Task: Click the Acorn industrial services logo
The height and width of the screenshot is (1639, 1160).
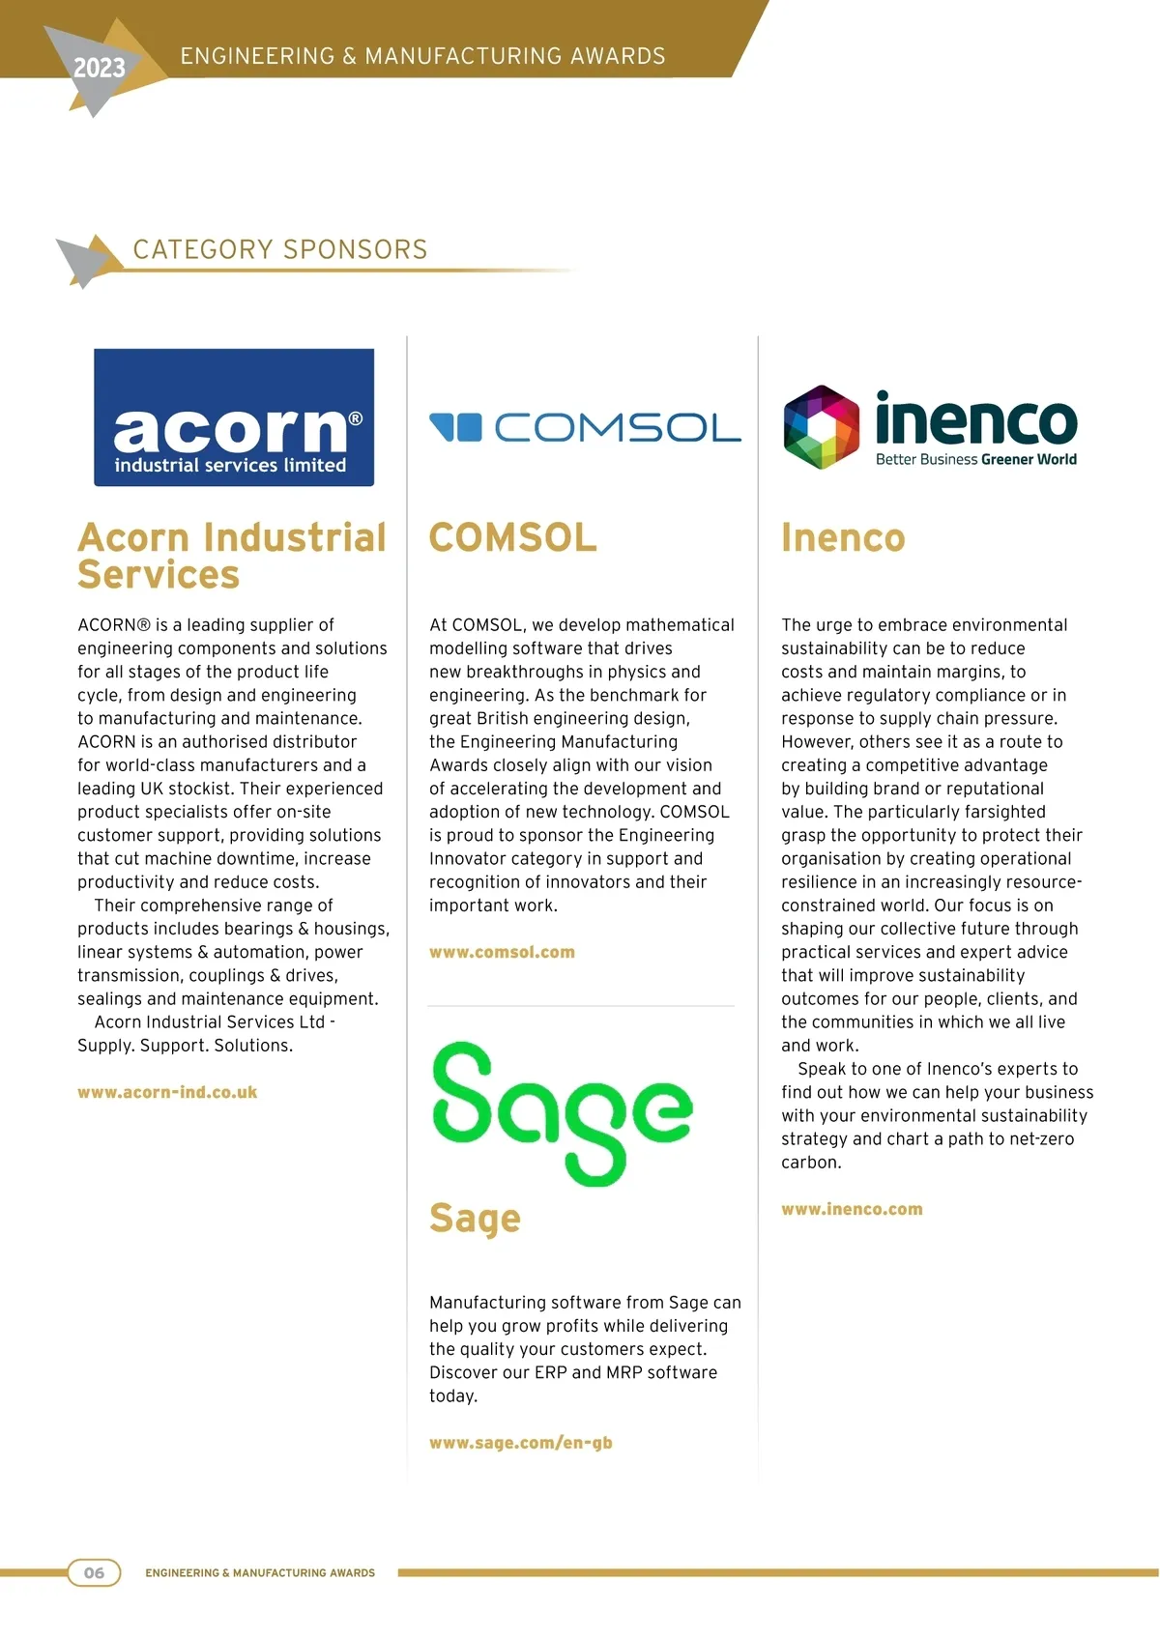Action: [233, 417]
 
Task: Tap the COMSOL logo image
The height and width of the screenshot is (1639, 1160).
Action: [585, 427]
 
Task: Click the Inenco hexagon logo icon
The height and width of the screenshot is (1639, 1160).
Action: [821, 427]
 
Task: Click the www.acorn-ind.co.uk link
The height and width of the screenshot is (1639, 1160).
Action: [167, 1092]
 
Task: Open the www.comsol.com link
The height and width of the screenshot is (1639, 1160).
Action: [502, 952]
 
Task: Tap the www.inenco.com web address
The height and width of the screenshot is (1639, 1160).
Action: [852, 1209]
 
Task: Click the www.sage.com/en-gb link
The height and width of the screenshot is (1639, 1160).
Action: [521, 1443]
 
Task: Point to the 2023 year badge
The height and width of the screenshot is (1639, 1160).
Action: [99, 68]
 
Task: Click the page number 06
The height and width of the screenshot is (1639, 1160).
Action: [94, 1572]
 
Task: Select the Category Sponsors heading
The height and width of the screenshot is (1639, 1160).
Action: [280, 249]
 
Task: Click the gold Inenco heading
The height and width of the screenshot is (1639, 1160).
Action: [843, 538]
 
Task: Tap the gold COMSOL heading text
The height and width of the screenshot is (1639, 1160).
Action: [512, 538]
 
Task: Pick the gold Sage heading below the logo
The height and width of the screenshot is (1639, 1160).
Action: [475, 1219]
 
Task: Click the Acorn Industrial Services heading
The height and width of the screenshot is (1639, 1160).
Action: [231, 556]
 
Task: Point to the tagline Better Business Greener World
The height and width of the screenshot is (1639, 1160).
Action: [975, 460]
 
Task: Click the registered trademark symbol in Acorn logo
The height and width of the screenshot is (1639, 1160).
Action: [355, 418]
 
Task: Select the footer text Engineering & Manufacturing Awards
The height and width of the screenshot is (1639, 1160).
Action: [260, 1573]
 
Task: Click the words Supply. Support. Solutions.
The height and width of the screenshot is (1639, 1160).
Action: [185, 1046]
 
